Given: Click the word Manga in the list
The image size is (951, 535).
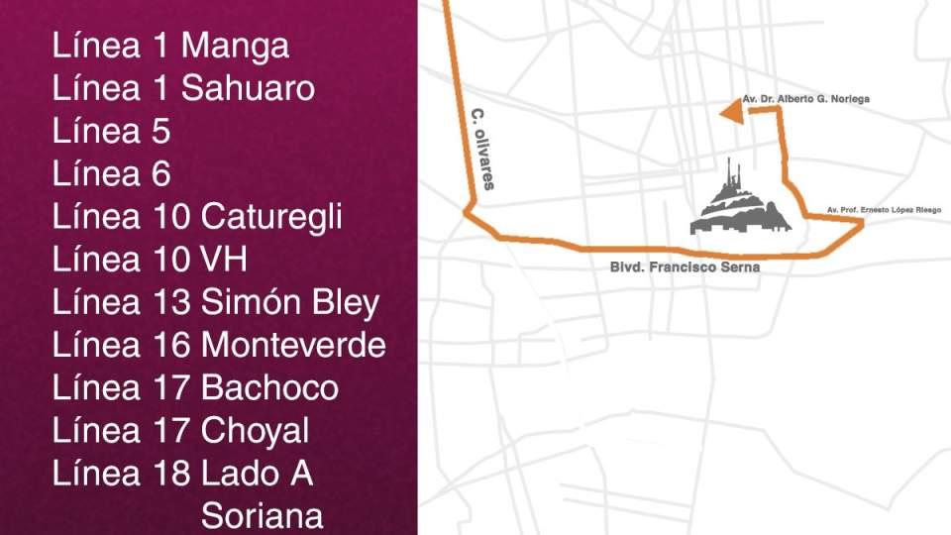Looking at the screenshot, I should tap(235, 47).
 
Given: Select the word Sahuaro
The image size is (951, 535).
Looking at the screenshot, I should tap(248, 89).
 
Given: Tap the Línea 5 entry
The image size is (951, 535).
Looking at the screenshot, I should tap(111, 132).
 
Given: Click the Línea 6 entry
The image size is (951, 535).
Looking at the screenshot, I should tap(111, 174).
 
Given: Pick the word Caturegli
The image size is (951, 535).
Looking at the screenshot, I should tap(271, 217).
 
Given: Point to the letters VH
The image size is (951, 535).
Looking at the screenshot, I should tap(224, 260).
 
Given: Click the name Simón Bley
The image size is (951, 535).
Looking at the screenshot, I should tap(289, 303).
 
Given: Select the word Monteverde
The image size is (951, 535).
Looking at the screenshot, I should tap(293, 346).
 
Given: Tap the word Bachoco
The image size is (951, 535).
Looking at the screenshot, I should tap(269, 388).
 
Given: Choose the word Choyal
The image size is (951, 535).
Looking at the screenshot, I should tap(255, 431).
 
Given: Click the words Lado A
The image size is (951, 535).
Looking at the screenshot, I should tap(257, 474).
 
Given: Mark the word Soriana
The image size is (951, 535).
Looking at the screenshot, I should tap(262, 516).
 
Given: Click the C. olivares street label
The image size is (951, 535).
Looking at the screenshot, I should tap(482, 149).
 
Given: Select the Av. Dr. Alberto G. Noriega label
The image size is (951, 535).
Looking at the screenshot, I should tap(806, 99).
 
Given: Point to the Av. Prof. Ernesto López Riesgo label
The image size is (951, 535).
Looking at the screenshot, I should tap(883, 210).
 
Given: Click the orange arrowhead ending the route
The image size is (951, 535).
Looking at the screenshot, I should tap(731, 115).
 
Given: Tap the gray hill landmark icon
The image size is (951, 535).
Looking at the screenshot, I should tap(741, 203).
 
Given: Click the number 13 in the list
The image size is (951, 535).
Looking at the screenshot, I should tap(172, 303).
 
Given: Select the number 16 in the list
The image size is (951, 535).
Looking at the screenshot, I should tap(172, 346).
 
